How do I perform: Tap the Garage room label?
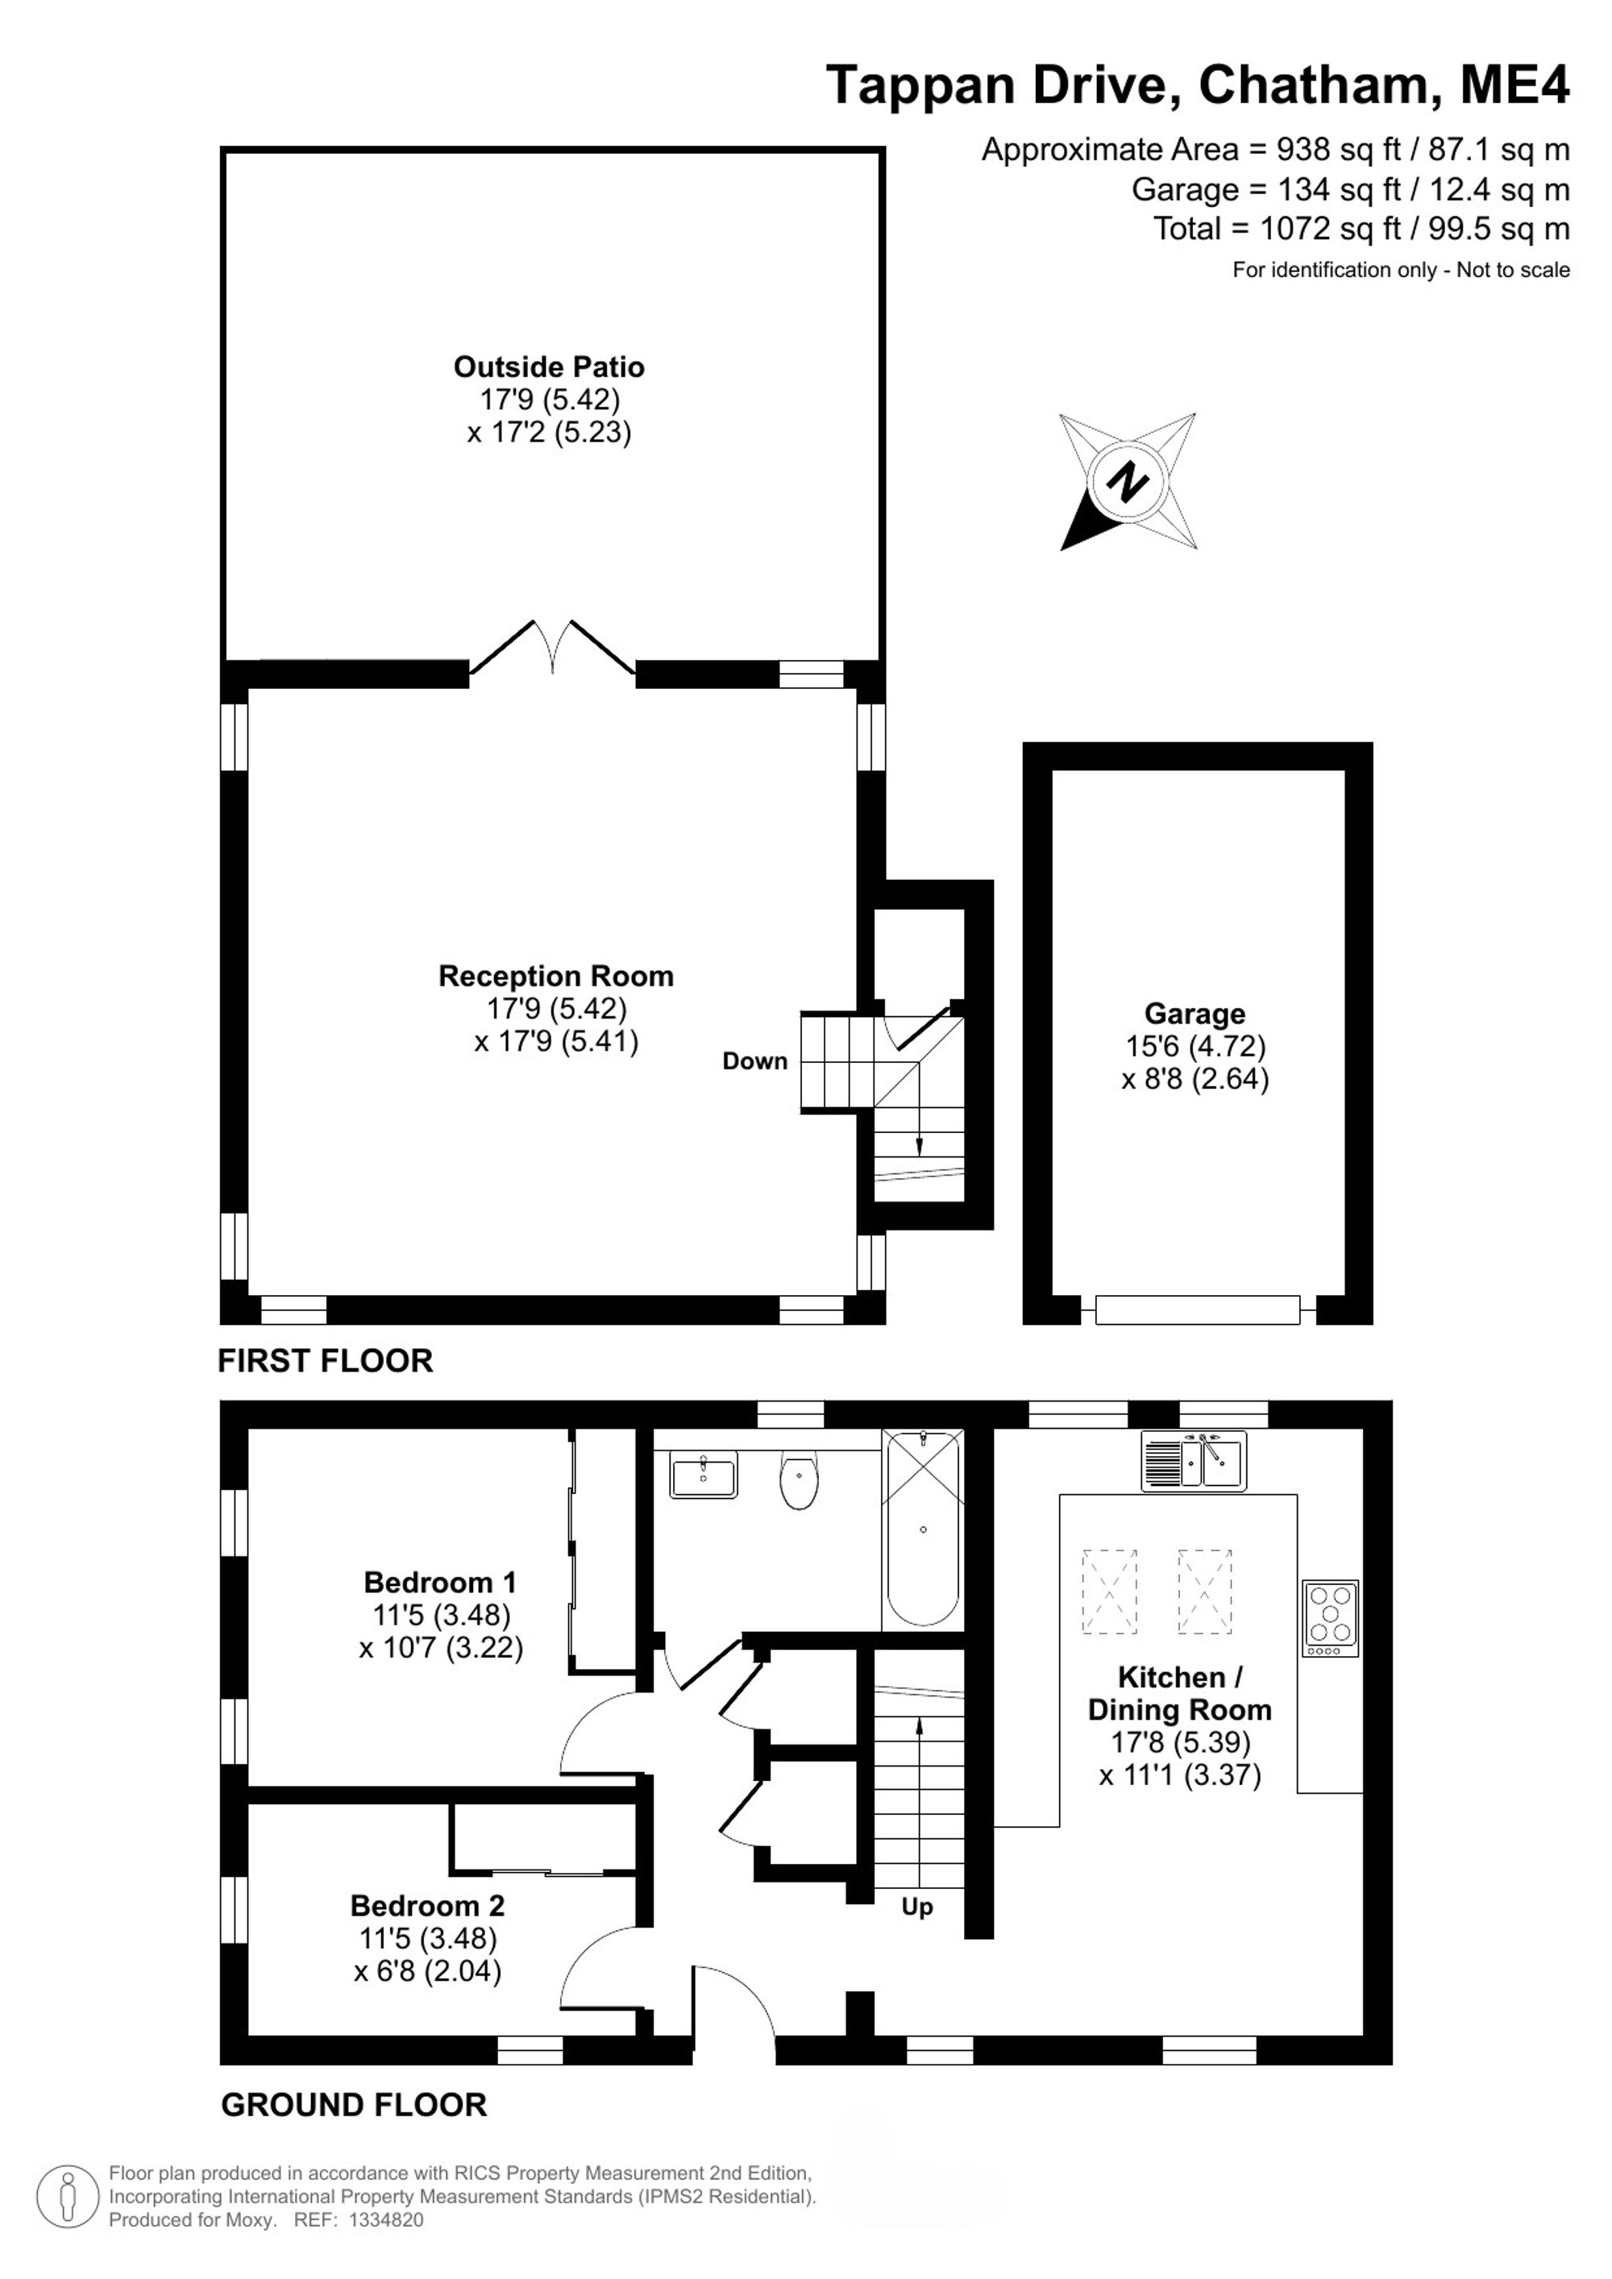(1194, 1014)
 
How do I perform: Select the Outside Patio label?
(549, 367)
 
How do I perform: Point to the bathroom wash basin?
(704, 1474)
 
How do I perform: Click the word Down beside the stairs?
(754, 1061)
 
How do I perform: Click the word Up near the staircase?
(917, 1907)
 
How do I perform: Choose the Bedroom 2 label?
(427, 1906)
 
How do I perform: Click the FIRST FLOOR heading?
(326, 1361)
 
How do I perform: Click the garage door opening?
(1198, 1310)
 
